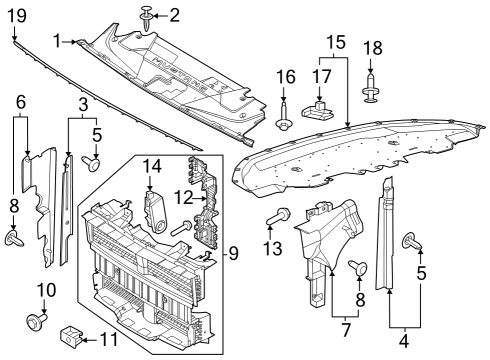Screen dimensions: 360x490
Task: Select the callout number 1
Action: [x=58, y=41]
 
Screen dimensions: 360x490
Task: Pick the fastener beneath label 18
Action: [x=372, y=91]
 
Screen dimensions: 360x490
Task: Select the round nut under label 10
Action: [x=41, y=321]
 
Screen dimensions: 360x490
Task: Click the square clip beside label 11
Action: [x=71, y=331]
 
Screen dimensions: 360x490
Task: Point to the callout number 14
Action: [x=150, y=165]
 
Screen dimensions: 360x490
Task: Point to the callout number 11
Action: [x=110, y=339]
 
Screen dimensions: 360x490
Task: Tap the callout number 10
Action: [x=43, y=290]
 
